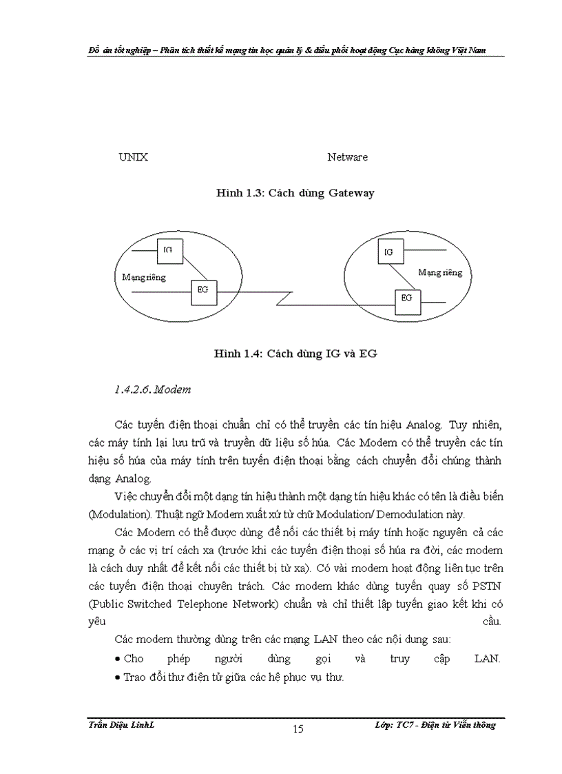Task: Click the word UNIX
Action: pos(133,157)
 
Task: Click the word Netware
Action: pos(347,157)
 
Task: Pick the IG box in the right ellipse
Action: pos(389,252)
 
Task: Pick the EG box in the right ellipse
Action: pos(406,298)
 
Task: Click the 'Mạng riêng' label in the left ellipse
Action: pos(144,277)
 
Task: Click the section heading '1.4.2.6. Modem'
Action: pos(152,390)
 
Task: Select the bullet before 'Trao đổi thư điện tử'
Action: pos(118,678)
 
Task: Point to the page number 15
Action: pos(298,729)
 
